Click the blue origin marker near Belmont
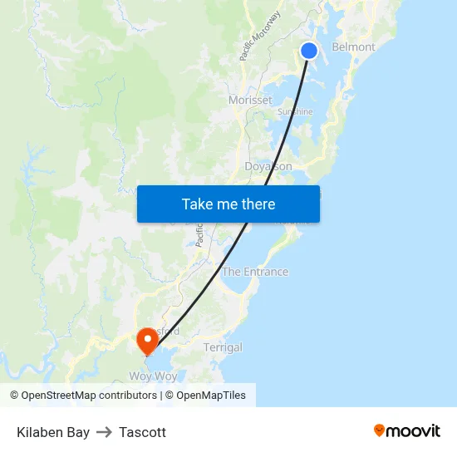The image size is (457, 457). tap(308, 51)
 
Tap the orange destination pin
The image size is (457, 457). tap(148, 339)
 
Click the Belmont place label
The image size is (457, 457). tap(353, 47)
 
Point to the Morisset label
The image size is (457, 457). tap(250, 100)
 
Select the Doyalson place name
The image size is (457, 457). tap(268, 166)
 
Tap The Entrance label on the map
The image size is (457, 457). tap(255, 272)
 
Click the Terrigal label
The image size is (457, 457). tap(223, 347)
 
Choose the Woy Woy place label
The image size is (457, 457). tap(153, 376)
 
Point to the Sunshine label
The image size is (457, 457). tap(295, 111)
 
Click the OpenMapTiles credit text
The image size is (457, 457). tap(204, 396)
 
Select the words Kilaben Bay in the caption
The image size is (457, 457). tap(53, 432)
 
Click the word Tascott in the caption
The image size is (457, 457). tap(142, 432)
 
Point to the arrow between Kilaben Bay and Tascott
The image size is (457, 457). tap(104, 432)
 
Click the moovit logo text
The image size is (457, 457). tap(413, 430)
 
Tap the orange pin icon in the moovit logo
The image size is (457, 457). tap(380, 430)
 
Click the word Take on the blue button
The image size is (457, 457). tap(197, 204)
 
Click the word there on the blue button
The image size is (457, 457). tap(257, 204)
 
